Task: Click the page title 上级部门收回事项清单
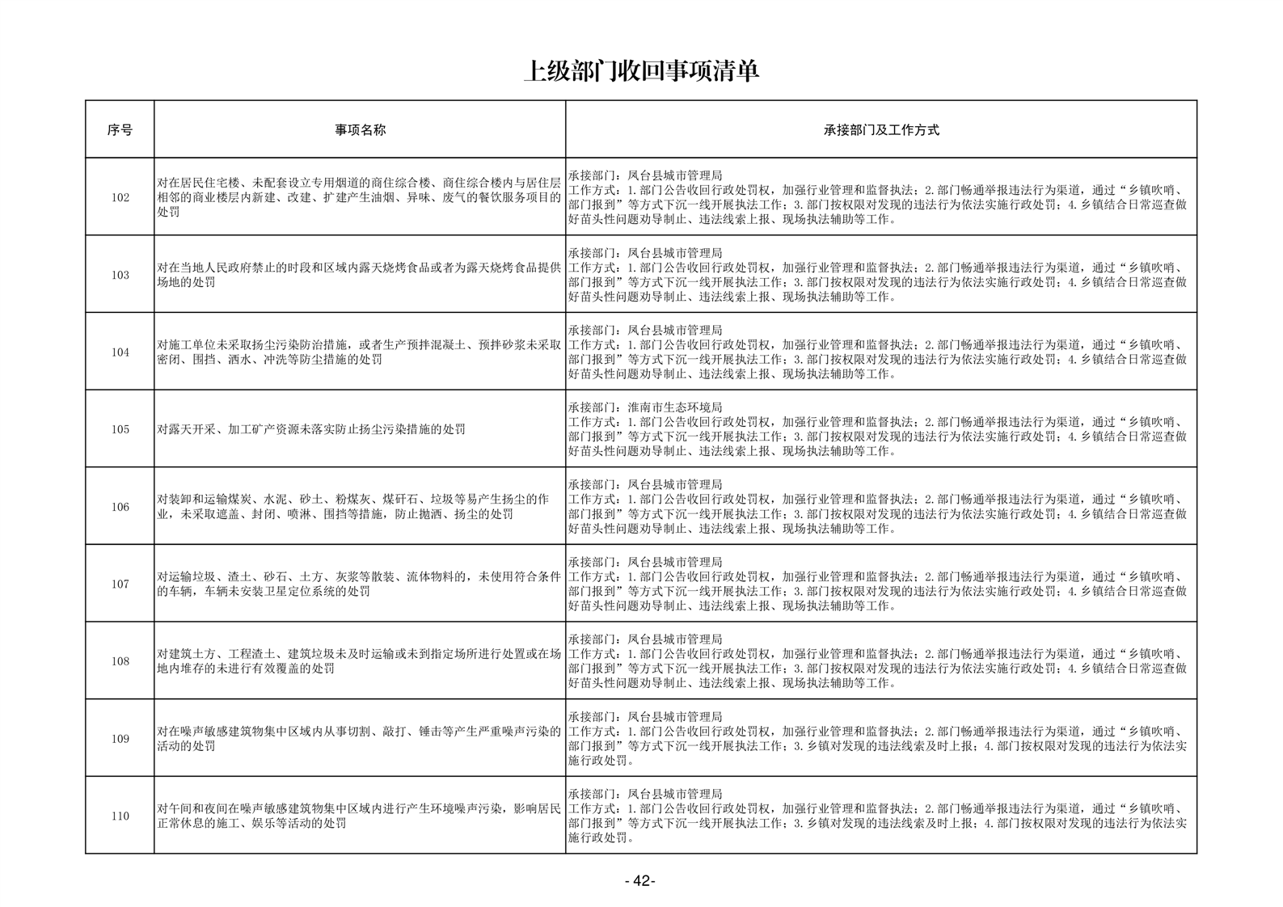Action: [x=641, y=71]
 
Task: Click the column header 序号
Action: [x=120, y=129]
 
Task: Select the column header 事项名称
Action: [x=360, y=129]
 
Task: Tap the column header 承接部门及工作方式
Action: [x=880, y=129]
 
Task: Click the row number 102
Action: [x=120, y=197]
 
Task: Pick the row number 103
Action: [x=120, y=275]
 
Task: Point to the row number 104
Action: [x=120, y=352]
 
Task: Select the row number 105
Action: [x=120, y=429]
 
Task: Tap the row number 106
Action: [x=120, y=507]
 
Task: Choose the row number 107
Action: [x=120, y=584]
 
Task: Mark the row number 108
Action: [x=120, y=661]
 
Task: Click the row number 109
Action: [x=120, y=739]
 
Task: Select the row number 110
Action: [x=120, y=816]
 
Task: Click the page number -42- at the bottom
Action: [x=640, y=881]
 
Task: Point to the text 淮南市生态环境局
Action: [x=674, y=407]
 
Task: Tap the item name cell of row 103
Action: [x=359, y=275]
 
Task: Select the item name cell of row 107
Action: [x=359, y=584]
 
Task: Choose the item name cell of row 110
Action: [x=359, y=816]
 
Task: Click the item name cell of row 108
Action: [x=359, y=661]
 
